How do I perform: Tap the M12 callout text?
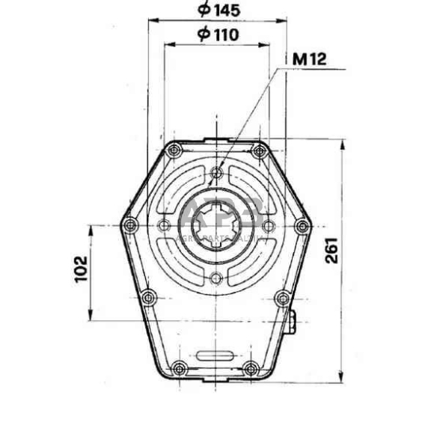coord(309,60)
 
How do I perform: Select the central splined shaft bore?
coord(216,224)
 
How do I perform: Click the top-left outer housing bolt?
coord(174,151)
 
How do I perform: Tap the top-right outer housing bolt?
coord(259,151)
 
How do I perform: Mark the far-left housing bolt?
coord(130,224)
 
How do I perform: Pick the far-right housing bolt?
coord(302,224)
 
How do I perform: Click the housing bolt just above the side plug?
coord(282,299)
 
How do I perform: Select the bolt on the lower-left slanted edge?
coord(148,297)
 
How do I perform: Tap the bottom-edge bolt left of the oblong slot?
coord(180,367)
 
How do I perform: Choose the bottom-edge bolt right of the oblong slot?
coord(251,367)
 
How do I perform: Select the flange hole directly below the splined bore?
coord(216,279)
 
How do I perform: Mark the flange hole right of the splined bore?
coord(268,224)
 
